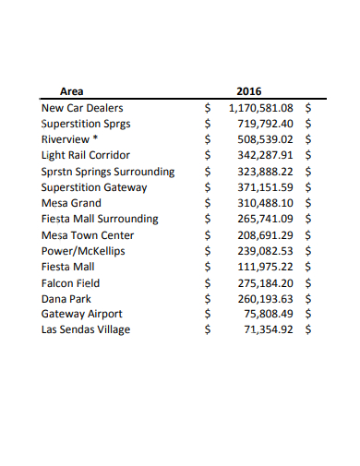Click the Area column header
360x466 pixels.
[71, 91]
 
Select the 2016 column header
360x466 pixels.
[249, 91]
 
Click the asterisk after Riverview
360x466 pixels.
[94, 138]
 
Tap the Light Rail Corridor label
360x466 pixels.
[86, 155]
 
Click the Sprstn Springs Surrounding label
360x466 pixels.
[107, 171]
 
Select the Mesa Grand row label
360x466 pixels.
[71, 203]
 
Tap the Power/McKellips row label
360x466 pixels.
[83, 250]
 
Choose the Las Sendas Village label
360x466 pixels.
[86, 329]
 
